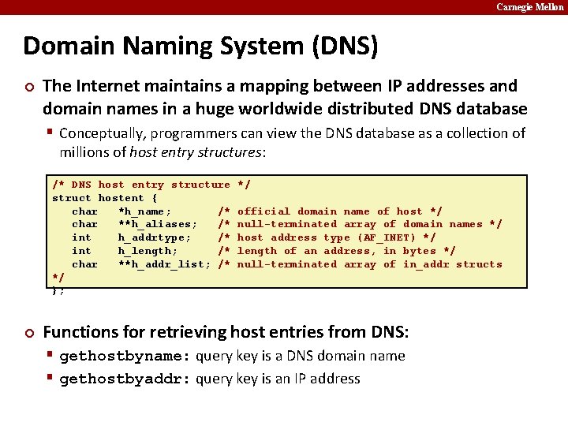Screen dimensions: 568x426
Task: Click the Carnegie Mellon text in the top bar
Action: (529, 7)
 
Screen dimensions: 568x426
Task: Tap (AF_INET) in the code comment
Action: (387, 237)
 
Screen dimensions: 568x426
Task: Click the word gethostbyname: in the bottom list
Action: (125, 356)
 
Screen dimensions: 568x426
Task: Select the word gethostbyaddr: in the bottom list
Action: (125, 379)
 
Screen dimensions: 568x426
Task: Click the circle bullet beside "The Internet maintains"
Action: (28, 86)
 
